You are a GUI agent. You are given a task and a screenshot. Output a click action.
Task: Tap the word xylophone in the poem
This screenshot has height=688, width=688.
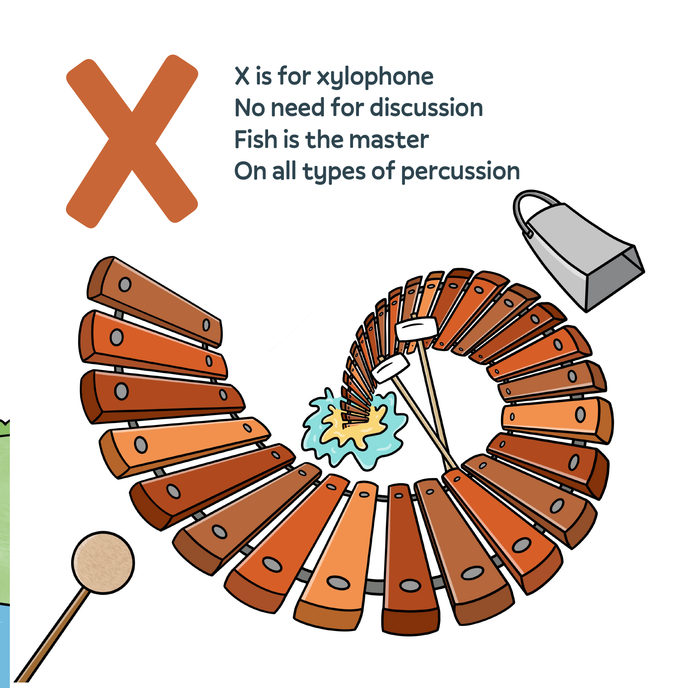[375, 77]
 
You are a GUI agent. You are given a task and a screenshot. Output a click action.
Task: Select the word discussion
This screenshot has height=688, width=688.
[427, 108]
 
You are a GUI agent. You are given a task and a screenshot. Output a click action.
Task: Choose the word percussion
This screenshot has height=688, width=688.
[460, 172]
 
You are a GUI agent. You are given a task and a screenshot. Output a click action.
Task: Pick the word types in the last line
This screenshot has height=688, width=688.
[334, 172]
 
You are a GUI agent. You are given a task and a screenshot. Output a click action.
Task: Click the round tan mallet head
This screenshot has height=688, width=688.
[103, 563]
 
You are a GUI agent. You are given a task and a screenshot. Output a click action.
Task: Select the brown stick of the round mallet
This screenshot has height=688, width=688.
[51, 637]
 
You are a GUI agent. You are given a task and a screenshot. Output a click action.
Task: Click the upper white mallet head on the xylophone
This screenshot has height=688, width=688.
[416, 329]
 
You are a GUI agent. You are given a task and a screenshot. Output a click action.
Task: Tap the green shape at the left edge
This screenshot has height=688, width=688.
[4, 511]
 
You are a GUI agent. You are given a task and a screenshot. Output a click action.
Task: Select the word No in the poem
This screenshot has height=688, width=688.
[249, 108]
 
